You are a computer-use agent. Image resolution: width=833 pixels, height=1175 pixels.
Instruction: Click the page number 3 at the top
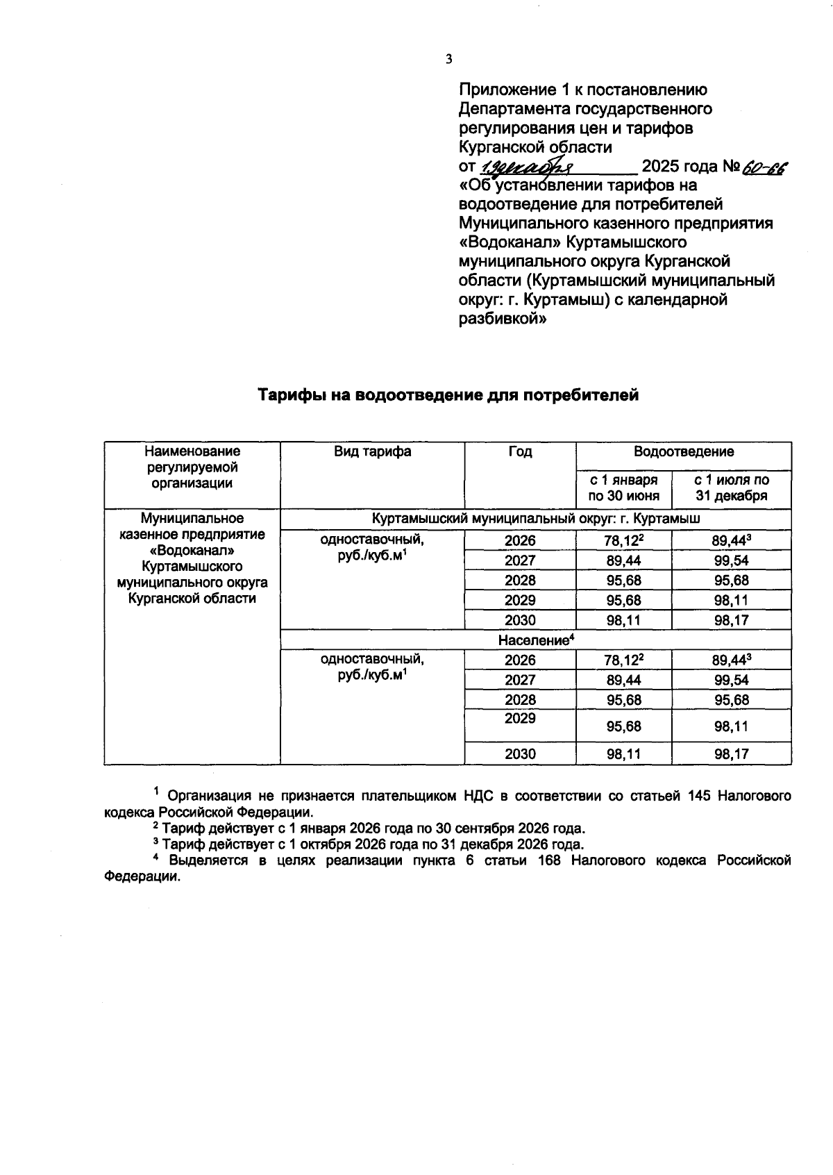click(x=448, y=60)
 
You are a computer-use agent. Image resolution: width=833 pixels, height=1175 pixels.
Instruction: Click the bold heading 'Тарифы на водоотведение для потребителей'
click(x=448, y=396)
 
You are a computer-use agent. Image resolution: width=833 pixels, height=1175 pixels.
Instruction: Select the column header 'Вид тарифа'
click(x=372, y=452)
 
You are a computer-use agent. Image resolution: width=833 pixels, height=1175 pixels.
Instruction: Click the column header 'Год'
click(x=520, y=452)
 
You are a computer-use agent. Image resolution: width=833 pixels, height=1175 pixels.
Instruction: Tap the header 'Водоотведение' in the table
click(x=683, y=452)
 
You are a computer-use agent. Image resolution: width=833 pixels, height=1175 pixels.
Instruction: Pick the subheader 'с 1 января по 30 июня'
click(x=623, y=487)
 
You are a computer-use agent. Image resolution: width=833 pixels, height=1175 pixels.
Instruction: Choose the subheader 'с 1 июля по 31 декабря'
click(x=732, y=487)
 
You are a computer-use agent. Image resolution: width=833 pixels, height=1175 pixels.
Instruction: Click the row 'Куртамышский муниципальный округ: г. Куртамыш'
click(x=535, y=519)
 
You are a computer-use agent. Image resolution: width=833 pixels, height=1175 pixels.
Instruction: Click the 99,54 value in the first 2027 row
click(x=732, y=560)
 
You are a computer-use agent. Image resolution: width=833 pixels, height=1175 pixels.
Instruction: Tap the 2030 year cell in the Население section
click(x=520, y=753)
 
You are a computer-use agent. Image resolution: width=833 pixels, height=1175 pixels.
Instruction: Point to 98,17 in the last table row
click(x=732, y=753)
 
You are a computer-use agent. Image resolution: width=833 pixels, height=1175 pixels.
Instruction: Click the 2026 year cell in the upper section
click(x=520, y=541)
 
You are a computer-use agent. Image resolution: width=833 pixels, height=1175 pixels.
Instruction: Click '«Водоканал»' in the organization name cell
click(x=192, y=551)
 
